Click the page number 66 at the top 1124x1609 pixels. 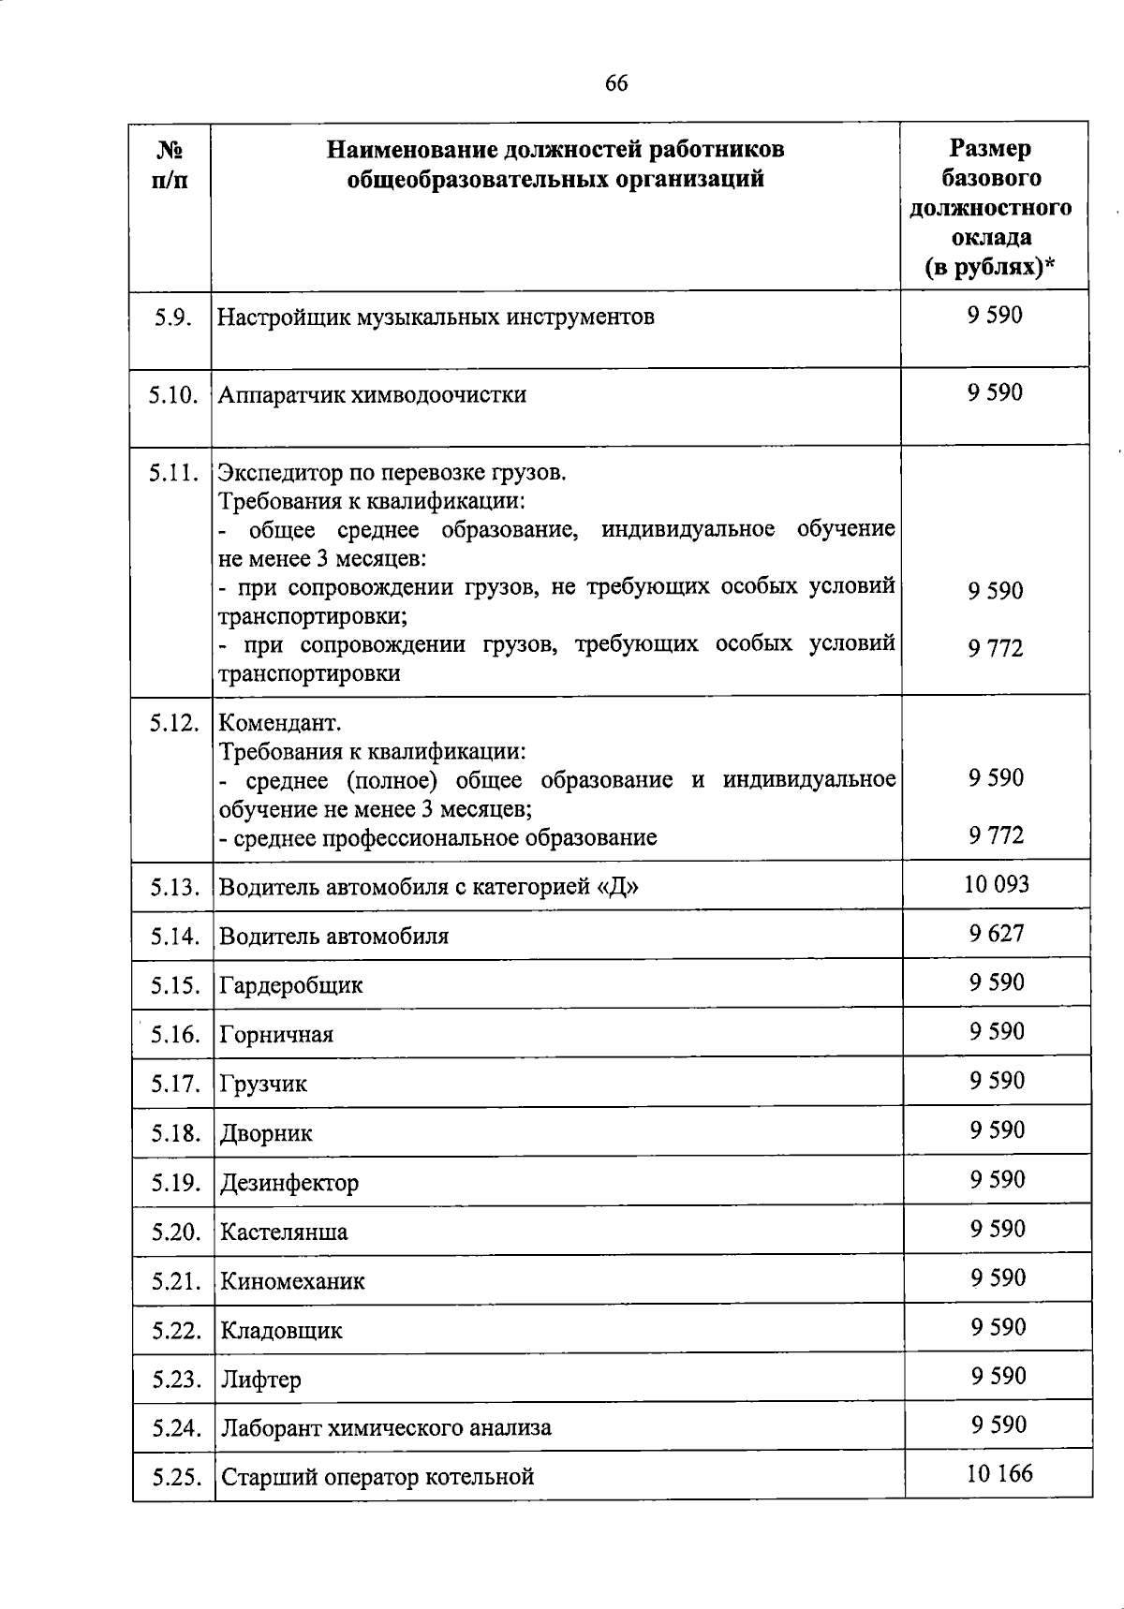pos(615,83)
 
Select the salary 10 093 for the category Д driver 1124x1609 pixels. pos(997,884)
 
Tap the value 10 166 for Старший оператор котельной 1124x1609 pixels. pos(999,1473)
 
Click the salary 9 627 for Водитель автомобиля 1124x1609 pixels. pos(997,933)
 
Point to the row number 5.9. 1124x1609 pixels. pos(174,317)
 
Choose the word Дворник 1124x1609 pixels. pos(266,1133)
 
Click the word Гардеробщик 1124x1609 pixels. pos(290,985)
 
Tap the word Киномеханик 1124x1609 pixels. pos(292,1280)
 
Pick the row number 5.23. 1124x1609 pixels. pos(176,1380)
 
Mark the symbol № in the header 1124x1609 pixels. pos(169,150)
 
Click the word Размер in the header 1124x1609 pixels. pos(990,148)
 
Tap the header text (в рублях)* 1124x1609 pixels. pos(990,268)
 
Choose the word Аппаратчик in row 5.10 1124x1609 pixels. pos(282,394)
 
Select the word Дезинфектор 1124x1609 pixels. pos(288,1182)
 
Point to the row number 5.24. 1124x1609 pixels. pos(176,1428)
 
